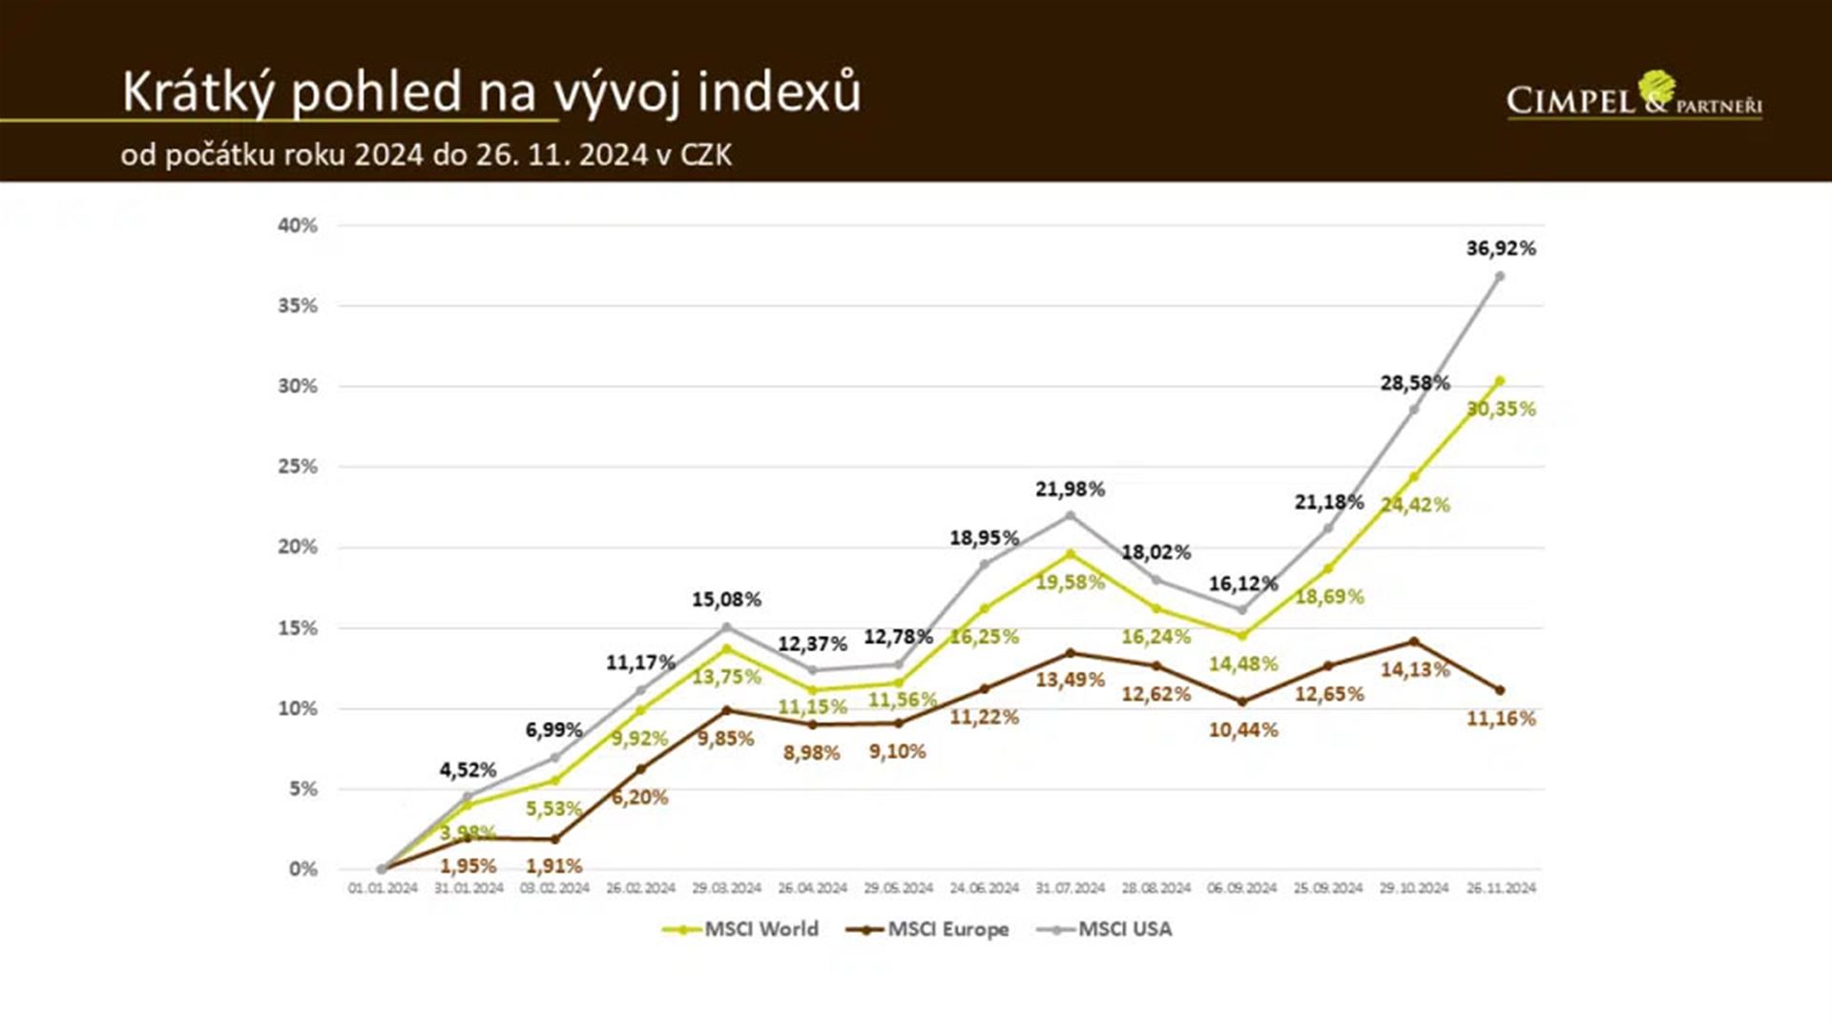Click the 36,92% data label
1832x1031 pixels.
1501,248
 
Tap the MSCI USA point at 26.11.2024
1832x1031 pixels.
1500,277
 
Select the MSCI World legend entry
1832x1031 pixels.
741,929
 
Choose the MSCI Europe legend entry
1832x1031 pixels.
927,929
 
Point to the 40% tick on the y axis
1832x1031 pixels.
298,225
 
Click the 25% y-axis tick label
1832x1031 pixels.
298,467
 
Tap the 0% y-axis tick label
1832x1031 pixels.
303,869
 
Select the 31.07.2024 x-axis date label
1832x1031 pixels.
1070,888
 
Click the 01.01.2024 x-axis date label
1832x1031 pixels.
383,888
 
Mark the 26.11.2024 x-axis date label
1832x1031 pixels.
1501,888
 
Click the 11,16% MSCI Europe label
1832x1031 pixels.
1501,719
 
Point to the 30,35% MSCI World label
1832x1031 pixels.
1501,409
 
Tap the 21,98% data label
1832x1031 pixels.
1070,490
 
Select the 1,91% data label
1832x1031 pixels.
553,866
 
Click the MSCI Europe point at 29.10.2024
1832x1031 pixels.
1414,642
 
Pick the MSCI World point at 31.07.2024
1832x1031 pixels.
1070,554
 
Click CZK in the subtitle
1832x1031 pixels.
705,155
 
